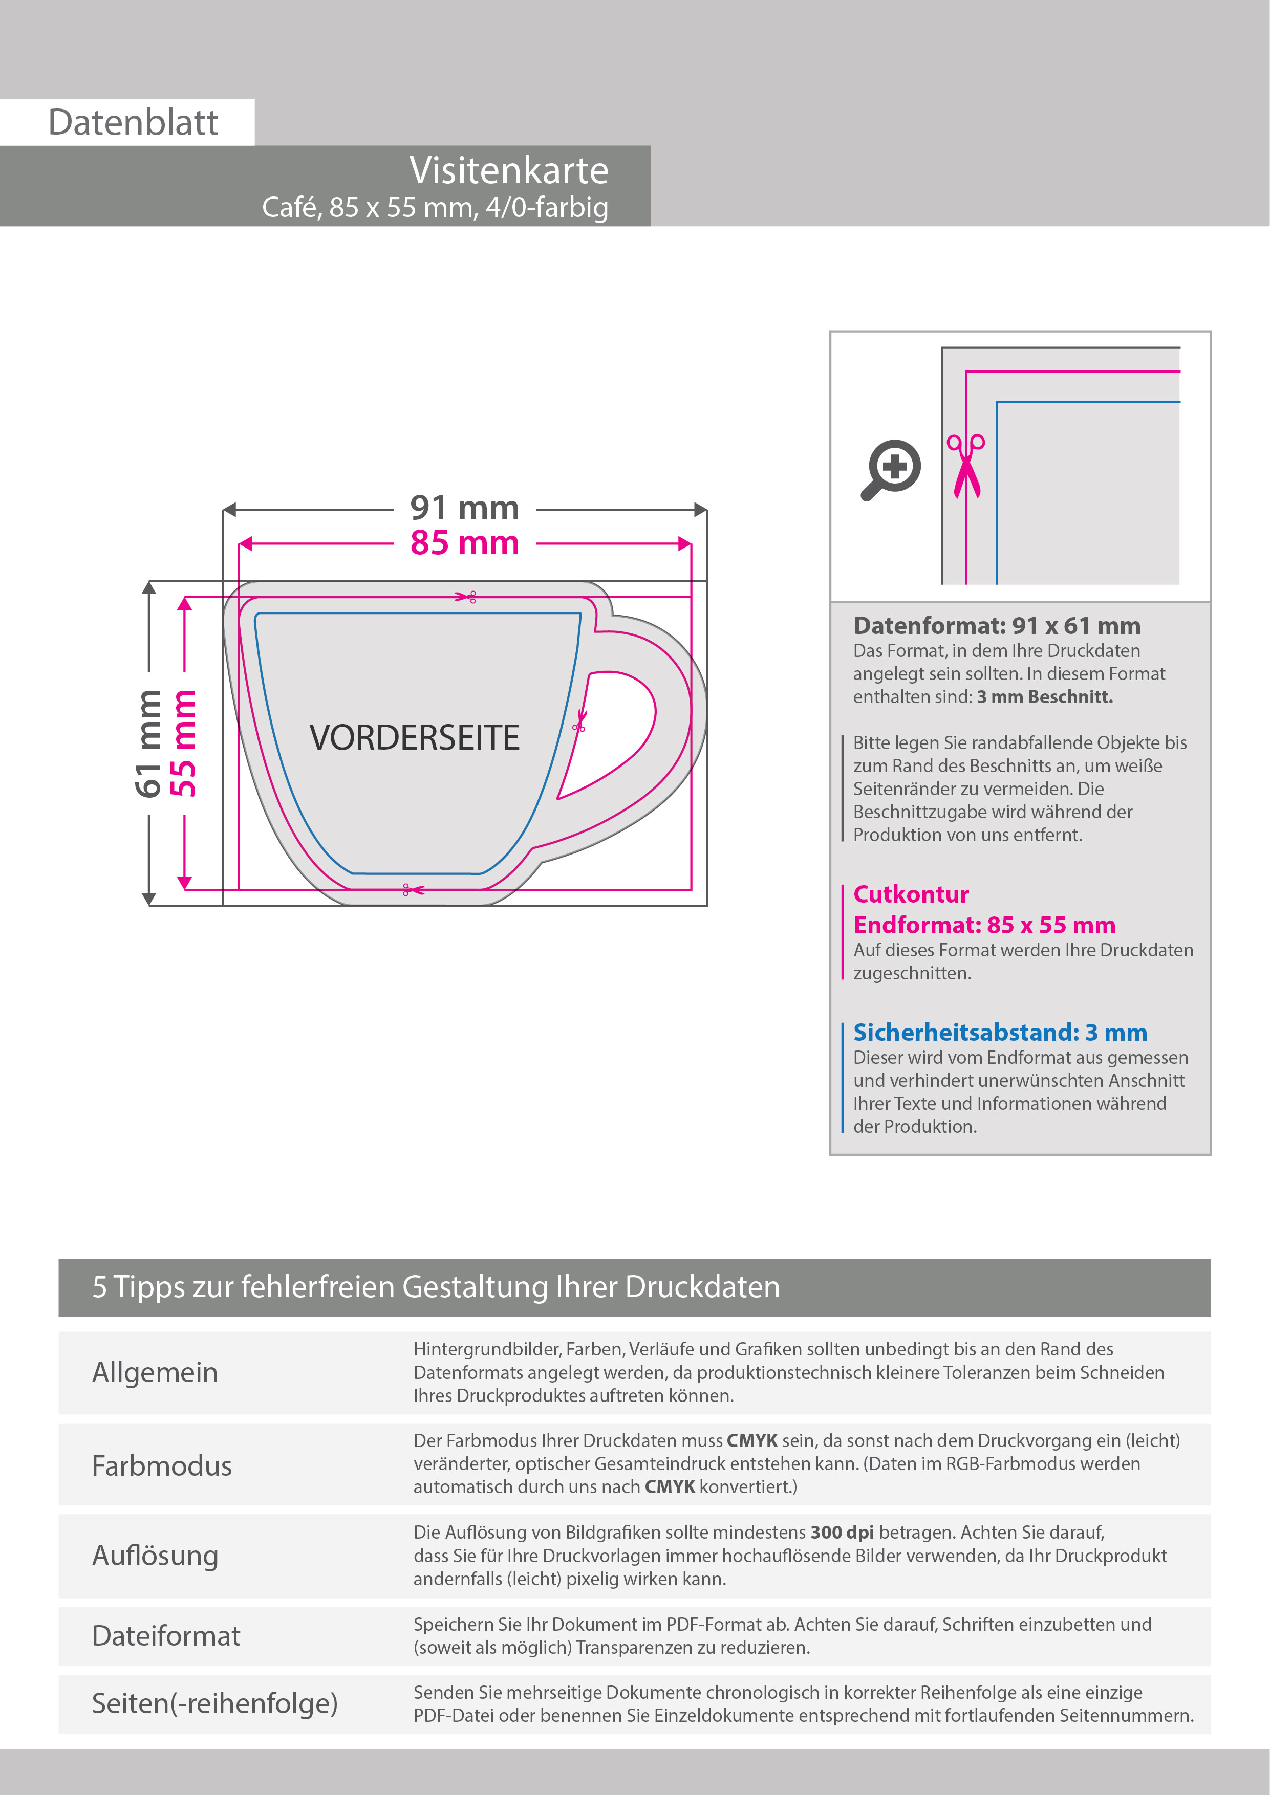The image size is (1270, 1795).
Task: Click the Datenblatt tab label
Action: (x=133, y=123)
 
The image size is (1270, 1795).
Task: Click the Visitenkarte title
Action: (x=508, y=170)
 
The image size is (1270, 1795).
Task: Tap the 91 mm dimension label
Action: (x=464, y=508)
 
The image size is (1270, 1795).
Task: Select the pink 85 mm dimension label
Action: (x=464, y=542)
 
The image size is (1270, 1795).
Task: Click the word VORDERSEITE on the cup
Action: (x=415, y=738)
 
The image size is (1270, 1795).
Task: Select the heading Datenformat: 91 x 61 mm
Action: (x=996, y=625)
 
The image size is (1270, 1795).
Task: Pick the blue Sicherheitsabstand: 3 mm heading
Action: (x=999, y=1032)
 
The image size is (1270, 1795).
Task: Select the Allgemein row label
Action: (x=155, y=1372)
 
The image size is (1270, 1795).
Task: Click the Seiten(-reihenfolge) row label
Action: (x=215, y=1703)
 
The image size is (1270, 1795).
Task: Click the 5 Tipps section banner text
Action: (x=436, y=1287)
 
